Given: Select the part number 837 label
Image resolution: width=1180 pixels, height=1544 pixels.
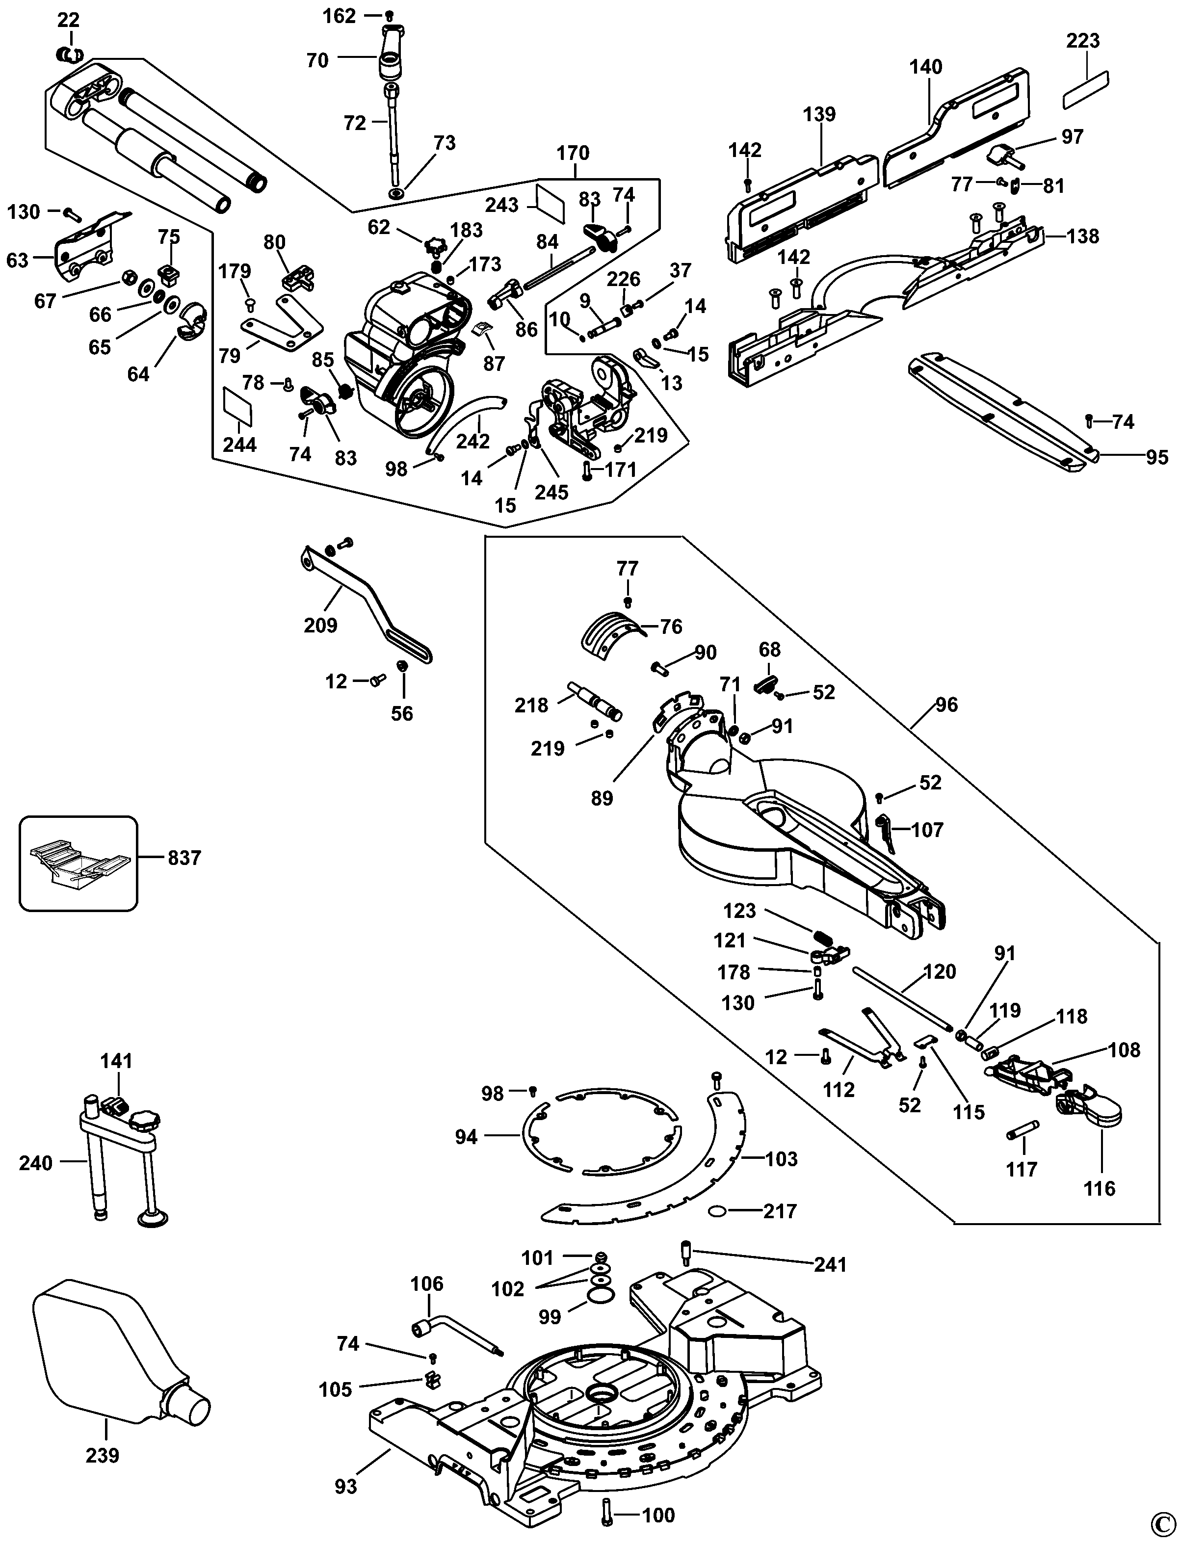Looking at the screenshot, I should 184,858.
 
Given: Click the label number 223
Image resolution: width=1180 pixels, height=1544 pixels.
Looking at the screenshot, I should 1082,41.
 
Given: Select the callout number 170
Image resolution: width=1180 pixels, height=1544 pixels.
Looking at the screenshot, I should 573,153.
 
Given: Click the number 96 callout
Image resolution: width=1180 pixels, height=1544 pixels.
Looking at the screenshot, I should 946,705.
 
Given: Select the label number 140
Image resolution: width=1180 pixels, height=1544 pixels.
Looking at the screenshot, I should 926,67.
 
